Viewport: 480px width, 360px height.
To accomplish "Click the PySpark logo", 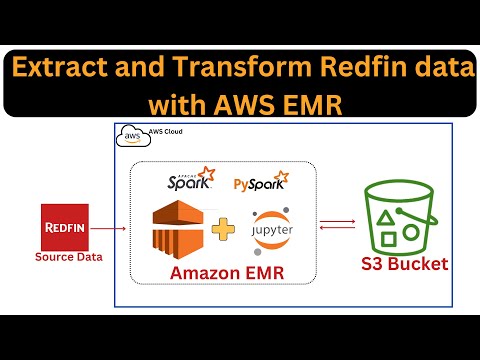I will point(258,184).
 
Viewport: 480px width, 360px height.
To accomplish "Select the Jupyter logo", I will point(268,227).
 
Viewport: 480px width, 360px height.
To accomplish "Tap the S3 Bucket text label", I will point(405,265).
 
